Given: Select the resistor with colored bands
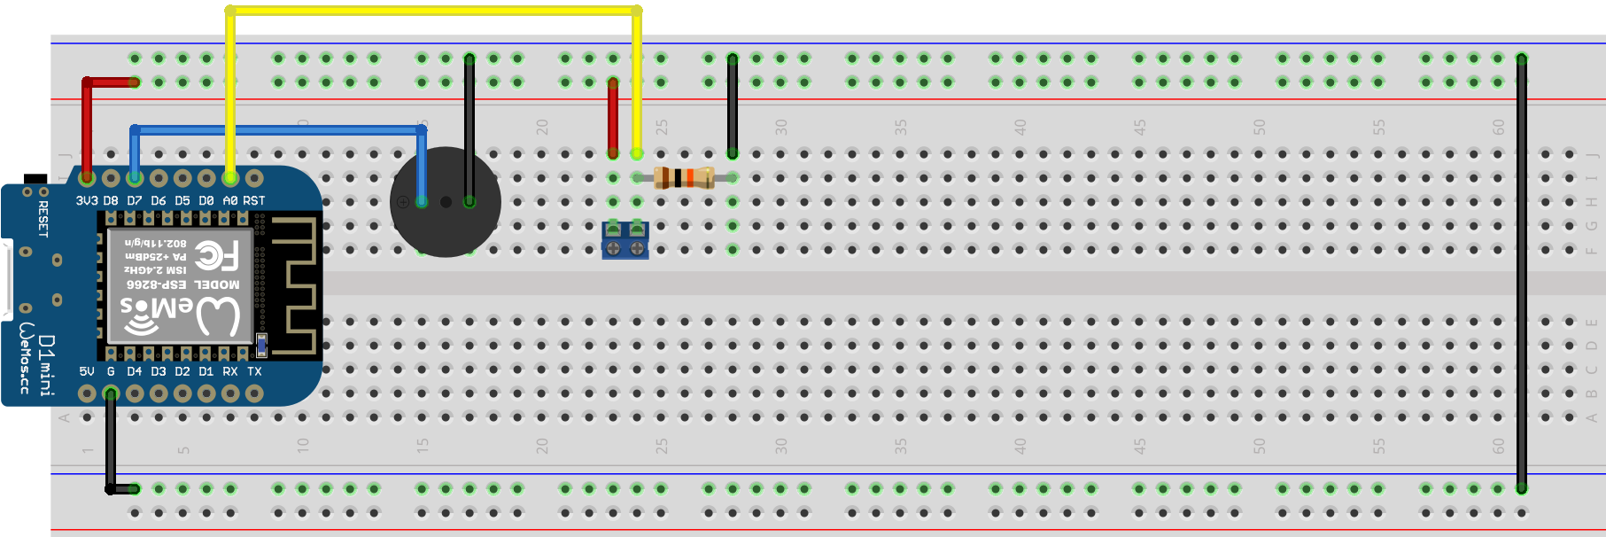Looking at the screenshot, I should click(684, 177).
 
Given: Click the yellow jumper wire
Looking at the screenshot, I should click(434, 11).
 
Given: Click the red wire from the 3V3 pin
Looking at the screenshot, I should click(87, 124).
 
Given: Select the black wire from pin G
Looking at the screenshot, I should click(111, 443).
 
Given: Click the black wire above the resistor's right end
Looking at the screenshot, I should click(733, 106).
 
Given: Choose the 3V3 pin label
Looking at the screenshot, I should click(87, 201).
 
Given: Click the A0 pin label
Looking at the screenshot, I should click(230, 201).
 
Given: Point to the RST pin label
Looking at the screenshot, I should click(254, 201).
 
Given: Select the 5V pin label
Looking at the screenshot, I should click(87, 371).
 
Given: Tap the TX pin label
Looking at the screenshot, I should click(254, 371).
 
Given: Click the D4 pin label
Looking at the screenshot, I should click(135, 371).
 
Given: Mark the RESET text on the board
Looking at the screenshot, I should click(43, 218).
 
